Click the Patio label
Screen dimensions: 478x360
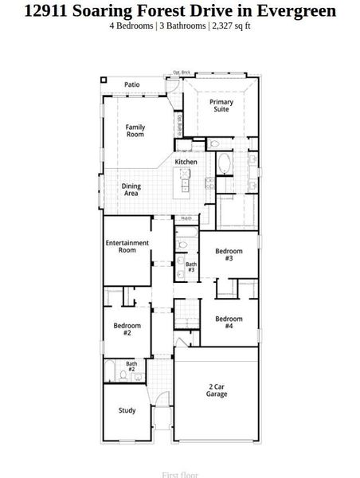pyautogui.click(x=131, y=84)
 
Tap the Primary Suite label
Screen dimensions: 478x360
pyautogui.click(x=221, y=105)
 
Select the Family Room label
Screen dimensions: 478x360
pyautogui.click(x=135, y=131)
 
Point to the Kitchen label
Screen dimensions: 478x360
pyautogui.click(x=186, y=162)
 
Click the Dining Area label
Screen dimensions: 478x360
pyautogui.click(x=131, y=190)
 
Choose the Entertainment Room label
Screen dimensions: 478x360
pyautogui.click(x=127, y=246)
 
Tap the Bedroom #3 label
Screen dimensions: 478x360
pyautogui.click(x=229, y=255)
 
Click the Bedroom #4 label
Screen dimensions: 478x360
pyautogui.click(x=229, y=323)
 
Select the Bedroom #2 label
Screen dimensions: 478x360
pyautogui.click(x=127, y=329)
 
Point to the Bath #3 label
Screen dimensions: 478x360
pyautogui.click(x=191, y=267)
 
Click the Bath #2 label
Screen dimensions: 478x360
pyautogui.click(x=131, y=367)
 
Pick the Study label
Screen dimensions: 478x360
pyautogui.click(x=127, y=411)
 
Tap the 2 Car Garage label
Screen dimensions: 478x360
pyautogui.click(x=217, y=390)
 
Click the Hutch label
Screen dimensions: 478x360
pyautogui.click(x=186, y=217)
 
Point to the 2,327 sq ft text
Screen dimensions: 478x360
pyautogui.click(x=231, y=25)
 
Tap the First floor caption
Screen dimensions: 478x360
pyautogui.click(x=180, y=475)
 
